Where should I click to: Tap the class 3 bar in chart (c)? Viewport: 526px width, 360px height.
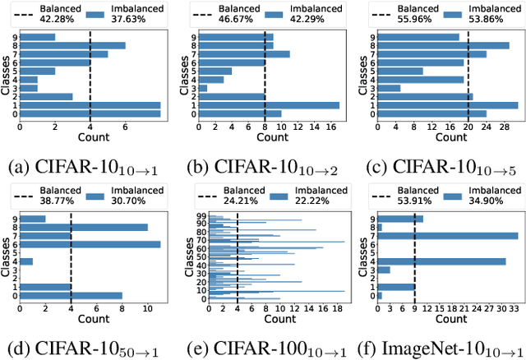(x=385, y=88)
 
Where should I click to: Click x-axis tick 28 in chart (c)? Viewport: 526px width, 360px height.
(x=505, y=127)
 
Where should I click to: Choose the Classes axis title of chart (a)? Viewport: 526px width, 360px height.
(x=6, y=75)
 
